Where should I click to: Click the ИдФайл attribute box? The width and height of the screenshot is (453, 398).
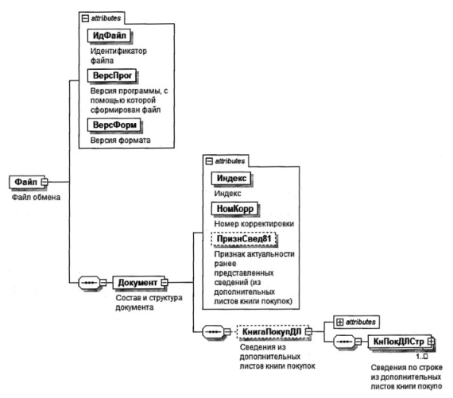[109, 36]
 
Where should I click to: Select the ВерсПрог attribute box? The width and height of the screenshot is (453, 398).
[112, 75]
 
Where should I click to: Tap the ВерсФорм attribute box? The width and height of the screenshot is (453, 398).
[114, 125]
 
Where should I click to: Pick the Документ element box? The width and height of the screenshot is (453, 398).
[137, 283]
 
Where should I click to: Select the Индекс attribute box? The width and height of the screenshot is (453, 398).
[231, 178]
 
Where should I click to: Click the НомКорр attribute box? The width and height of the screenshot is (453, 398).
[235, 208]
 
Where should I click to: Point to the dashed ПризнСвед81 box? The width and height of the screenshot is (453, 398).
[244, 239]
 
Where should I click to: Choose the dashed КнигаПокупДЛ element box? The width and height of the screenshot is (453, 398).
[272, 332]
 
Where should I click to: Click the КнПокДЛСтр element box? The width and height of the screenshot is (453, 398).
[399, 342]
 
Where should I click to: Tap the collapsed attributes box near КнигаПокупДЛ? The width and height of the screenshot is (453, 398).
[356, 322]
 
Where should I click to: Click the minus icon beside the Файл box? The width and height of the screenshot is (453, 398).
[45, 182]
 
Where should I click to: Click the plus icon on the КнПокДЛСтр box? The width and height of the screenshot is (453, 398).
[431, 342]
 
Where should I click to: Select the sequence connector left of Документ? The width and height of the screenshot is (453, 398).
[92, 283]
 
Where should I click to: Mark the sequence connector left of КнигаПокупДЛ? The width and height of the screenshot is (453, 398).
[216, 332]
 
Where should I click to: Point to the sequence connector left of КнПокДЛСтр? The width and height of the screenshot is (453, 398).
[347, 342]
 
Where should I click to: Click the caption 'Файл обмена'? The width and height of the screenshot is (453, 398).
[36, 198]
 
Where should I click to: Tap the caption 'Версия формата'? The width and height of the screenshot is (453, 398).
[121, 141]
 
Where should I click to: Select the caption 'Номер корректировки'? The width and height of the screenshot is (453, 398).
[254, 224]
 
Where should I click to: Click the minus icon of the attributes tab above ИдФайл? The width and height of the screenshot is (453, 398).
[85, 18]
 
